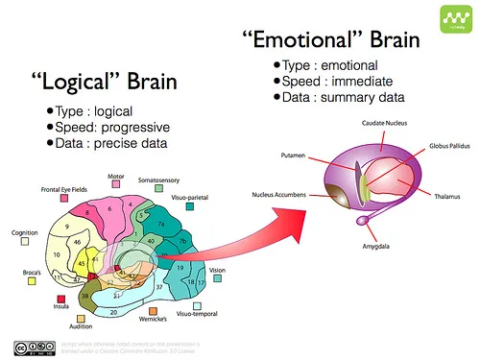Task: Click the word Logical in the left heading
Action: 81,81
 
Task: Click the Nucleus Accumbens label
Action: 279,195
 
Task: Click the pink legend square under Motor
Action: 116,188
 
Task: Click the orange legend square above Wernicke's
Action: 153,311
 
